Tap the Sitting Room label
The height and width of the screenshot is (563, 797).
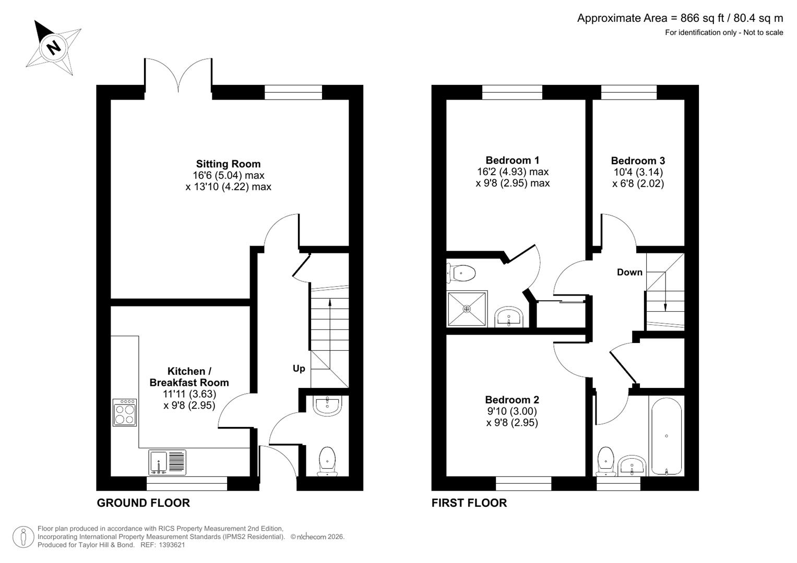228,164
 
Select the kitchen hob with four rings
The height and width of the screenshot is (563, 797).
125,412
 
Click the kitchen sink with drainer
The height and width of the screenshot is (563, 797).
167,462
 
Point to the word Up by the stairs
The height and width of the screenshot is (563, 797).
299,369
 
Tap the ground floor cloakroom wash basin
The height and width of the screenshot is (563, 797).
327,406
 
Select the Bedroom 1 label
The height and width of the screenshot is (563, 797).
512,160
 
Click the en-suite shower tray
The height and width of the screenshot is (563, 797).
467,309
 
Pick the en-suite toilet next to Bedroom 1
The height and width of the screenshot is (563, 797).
461,273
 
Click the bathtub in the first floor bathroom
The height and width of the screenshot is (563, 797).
665,436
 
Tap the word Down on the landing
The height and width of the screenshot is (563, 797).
629,272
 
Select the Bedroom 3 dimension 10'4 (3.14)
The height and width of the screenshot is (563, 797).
638,172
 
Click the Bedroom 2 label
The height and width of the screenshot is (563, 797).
511,400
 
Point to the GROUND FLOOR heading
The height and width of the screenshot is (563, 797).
143,503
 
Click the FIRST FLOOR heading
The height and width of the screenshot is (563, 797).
469,503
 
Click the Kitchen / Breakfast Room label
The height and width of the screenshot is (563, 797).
189,377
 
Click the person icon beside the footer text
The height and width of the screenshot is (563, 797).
23,537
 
